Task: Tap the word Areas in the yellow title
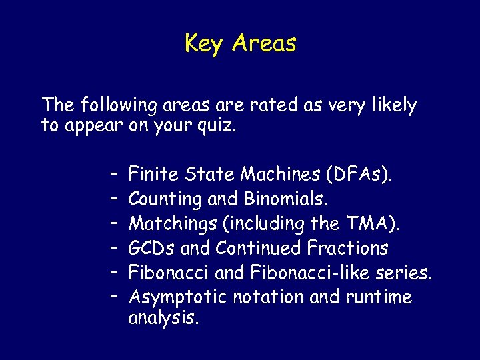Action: [x=265, y=44]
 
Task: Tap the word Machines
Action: [x=281, y=175]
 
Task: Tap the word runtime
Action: [x=379, y=297]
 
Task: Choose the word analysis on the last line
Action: [x=163, y=318]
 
